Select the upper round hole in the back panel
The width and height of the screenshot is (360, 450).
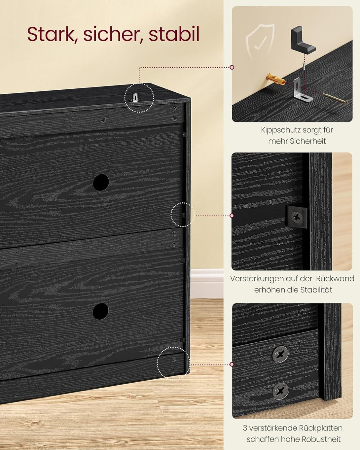(x=101, y=182)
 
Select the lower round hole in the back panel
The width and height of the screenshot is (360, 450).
(x=101, y=311)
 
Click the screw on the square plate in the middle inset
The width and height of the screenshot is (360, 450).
(x=297, y=217)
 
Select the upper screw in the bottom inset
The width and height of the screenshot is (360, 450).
(x=280, y=355)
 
